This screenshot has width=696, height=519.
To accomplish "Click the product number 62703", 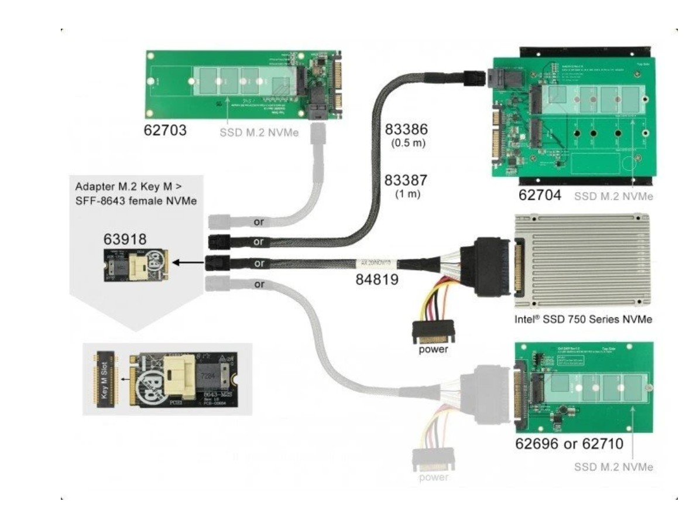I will click(x=166, y=130).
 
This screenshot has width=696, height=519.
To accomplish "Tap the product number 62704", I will click(x=540, y=195).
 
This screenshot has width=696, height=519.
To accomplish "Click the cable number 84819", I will click(x=377, y=280).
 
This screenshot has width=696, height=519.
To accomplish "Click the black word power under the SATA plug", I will click(x=433, y=351).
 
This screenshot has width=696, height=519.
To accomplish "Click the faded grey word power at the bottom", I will click(x=433, y=477).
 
